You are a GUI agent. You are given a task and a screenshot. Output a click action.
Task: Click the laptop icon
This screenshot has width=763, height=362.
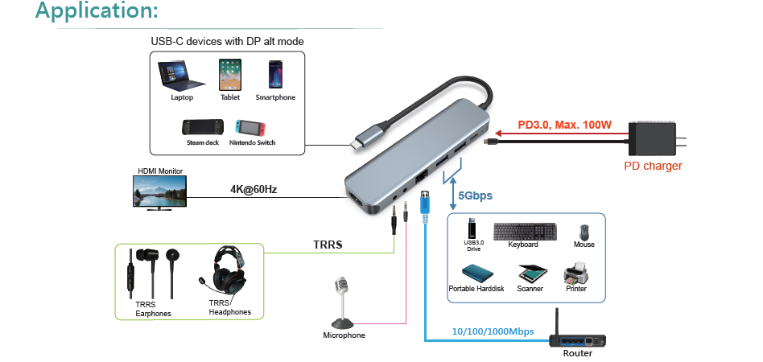[182, 76]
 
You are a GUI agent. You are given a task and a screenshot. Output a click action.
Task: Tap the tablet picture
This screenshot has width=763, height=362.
[229, 74]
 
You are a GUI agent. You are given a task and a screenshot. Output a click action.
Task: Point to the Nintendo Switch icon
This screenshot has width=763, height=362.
[251, 127]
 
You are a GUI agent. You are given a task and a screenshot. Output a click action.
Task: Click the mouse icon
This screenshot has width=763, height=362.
[584, 230]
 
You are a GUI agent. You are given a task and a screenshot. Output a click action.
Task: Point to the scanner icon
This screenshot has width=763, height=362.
[530, 273]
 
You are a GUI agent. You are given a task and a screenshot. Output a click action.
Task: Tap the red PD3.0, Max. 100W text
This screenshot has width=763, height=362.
[565, 125]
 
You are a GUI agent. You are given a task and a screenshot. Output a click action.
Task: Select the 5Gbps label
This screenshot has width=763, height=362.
[475, 195]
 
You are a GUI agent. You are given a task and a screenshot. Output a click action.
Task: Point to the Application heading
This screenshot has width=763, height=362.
[97, 11]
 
